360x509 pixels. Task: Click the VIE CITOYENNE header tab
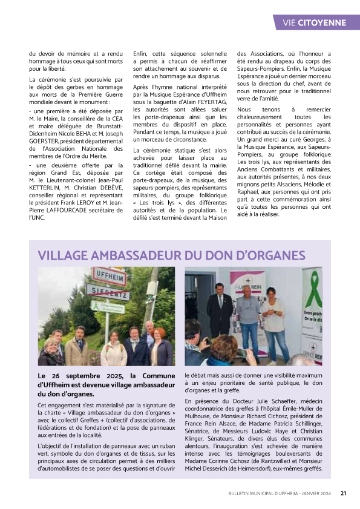tap(314, 23)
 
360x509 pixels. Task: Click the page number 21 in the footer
tap(343, 493)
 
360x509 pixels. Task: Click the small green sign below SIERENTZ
tap(102, 304)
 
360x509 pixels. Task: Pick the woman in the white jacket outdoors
tap(114, 350)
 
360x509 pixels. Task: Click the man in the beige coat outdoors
tap(78, 346)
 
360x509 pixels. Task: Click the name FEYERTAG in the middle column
tap(212, 103)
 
